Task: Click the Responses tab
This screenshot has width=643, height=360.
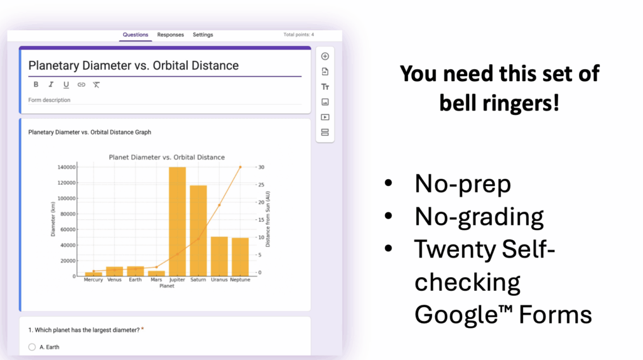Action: pyautogui.click(x=170, y=35)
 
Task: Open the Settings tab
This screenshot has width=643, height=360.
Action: pyautogui.click(x=203, y=35)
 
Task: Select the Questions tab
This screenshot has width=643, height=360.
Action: pyautogui.click(x=136, y=35)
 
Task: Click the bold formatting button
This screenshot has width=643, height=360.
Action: pyautogui.click(x=36, y=85)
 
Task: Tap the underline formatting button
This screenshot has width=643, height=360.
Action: pyautogui.click(x=66, y=85)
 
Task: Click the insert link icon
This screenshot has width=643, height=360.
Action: pyautogui.click(x=81, y=85)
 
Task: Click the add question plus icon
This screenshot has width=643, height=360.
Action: pyautogui.click(x=325, y=57)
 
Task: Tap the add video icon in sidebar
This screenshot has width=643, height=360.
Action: pyautogui.click(x=325, y=117)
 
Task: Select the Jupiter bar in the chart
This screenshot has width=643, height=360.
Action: pyautogui.click(x=177, y=222)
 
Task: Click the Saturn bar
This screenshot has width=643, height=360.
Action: pyautogui.click(x=198, y=231)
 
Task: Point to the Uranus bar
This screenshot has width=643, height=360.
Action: pyautogui.click(x=219, y=256)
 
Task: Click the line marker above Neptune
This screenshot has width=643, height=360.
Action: pyautogui.click(x=240, y=167)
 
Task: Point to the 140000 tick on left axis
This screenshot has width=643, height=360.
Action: pyautogui.click(x=67, y=168)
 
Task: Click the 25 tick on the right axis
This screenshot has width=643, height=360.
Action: pyautogui.click(x=261, y=185)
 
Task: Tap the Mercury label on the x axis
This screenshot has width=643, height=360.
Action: pyautogui.click(x=93, y=280)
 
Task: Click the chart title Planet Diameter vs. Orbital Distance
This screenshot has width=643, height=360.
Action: pyautogui.click(x=166, y=157)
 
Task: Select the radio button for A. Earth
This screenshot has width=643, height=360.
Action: pyautogui.click(x=32, y=347)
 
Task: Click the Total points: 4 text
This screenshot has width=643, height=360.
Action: pyautogui.click(x=298, y=35)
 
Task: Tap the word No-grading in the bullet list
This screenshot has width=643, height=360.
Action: pyautogui.click(x=478, y=217)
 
